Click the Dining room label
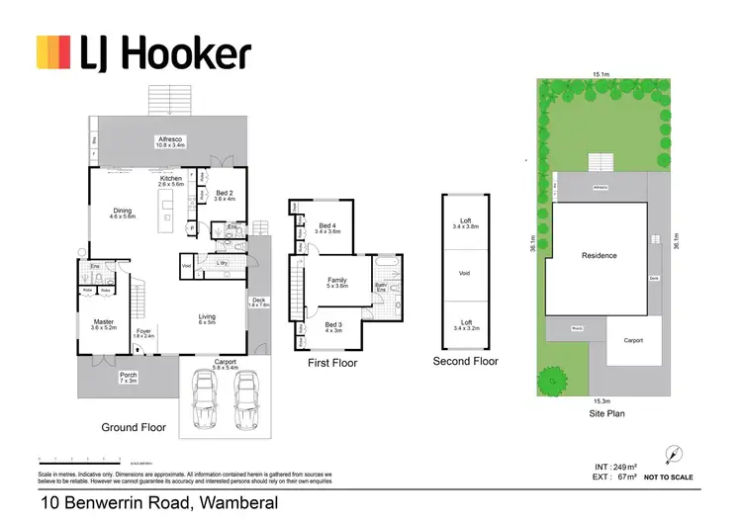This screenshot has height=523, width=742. click(123, 212)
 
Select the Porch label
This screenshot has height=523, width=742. click(129, 377)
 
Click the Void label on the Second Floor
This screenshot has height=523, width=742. click(465, 274)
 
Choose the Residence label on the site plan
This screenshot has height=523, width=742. click(598, 256)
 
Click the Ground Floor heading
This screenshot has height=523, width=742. click(134, 428)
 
